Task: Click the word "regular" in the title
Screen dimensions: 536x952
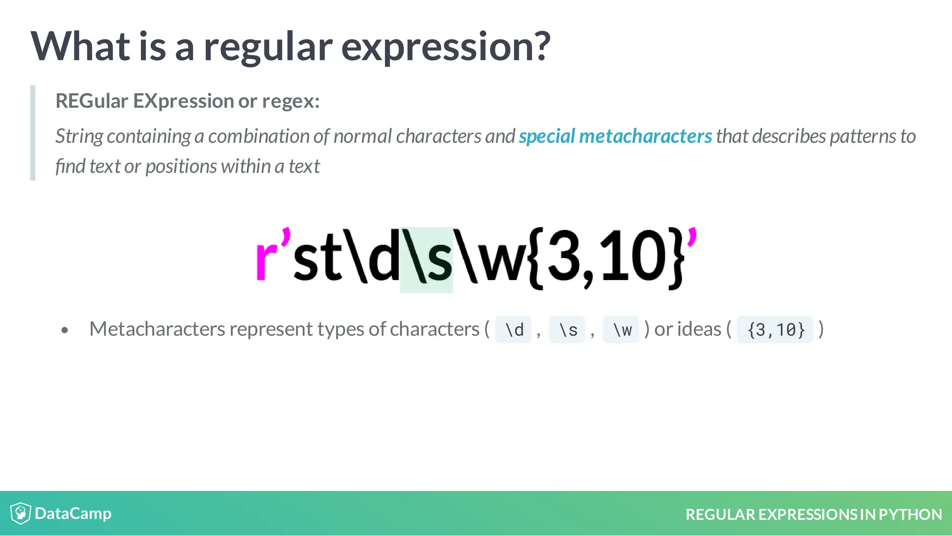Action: [268, 47]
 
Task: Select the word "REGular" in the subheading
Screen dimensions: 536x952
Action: [92, 101]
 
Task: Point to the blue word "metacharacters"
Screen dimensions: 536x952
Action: [645, 136]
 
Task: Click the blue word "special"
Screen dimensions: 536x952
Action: [547, 136]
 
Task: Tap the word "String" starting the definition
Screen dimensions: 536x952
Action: [79, 137]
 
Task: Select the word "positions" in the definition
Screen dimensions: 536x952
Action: [181, 166]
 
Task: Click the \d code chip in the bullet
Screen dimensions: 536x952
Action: [514, 330]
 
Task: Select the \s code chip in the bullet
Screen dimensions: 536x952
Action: [567, 330]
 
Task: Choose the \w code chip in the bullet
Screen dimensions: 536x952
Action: [621, 330]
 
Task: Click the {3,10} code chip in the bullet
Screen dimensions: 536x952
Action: [775, 330]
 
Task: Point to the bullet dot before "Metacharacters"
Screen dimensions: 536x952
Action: [65, 330]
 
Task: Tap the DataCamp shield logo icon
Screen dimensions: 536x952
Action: [20, 513]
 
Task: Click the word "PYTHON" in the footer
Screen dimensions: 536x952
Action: [910, 515]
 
